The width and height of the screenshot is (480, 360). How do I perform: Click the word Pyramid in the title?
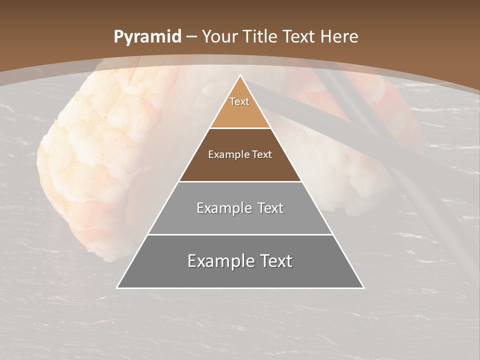[147, 37]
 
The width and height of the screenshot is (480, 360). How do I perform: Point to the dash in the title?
[191, 37]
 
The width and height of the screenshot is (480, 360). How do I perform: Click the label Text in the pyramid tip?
[239, 101]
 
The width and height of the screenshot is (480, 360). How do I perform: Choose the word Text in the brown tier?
[262, 154]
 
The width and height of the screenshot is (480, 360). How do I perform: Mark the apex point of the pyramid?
[240, 75]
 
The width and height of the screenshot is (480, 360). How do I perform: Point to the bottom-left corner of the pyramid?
[117, 287]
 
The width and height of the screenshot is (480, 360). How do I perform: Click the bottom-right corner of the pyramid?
[363, 287]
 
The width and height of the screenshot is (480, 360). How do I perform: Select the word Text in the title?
[298, 36]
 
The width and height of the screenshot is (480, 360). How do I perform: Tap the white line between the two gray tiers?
[240, 234]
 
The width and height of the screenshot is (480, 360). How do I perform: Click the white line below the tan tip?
[240, 128]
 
